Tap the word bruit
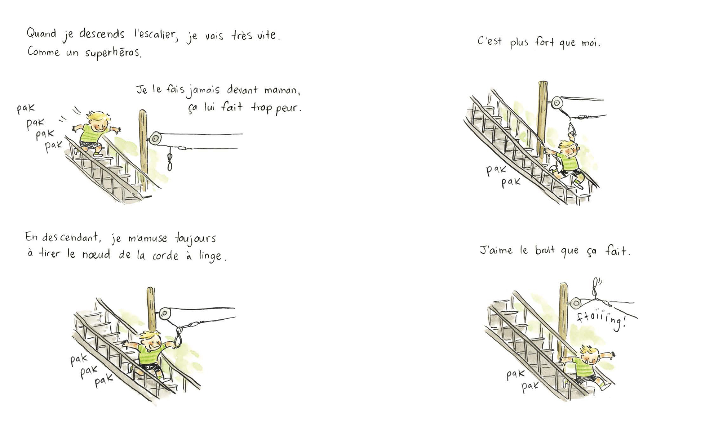coord(545,250)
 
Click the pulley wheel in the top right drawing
coord(557,103)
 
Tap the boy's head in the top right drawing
coord(568,150)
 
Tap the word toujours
coord(195,239)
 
